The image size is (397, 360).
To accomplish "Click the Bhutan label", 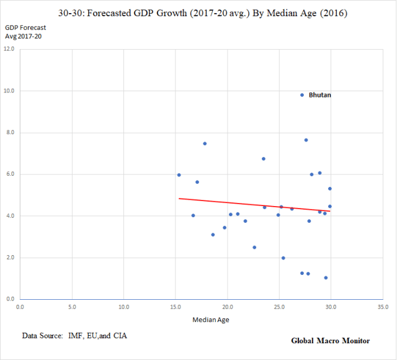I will pos(320,95).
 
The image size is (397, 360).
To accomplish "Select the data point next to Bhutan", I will pos(302,95).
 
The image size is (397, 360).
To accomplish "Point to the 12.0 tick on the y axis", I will pos(10,49).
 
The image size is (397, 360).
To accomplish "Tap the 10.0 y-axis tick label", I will pos(10,91).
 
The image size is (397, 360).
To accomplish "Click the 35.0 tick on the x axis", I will pos(383,307).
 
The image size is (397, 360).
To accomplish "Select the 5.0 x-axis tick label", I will pos(72,307).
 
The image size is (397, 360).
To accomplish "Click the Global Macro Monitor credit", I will pos(331,341).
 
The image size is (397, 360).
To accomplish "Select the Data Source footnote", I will pos(79,336).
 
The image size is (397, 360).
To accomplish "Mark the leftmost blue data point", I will pos(179,175).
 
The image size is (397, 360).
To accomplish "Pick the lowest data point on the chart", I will pos(326,277).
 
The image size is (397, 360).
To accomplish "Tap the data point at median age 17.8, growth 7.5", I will pos(205,143).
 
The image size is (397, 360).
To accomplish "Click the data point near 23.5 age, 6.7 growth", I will pos(264,159).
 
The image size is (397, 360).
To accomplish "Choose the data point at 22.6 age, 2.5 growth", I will pos(254,247).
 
